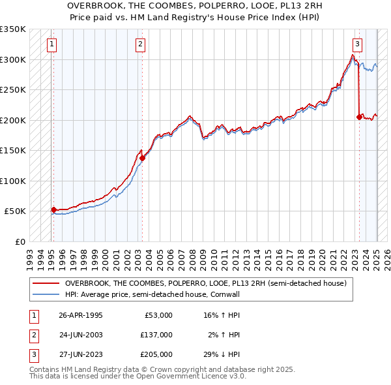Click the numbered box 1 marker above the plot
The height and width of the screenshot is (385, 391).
(51, 44)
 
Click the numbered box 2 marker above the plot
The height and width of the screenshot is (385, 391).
(140, 44)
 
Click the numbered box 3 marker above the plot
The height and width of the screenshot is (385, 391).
(357, 44)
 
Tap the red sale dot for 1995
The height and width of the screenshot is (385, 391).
(53, 209)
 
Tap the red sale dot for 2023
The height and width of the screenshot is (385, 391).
(359, 117)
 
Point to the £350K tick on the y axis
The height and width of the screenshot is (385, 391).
(13, 29)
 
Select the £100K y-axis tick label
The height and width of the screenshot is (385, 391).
(13, 181)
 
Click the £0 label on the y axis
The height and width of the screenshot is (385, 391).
(19, 241)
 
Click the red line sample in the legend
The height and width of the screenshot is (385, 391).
(46, 284)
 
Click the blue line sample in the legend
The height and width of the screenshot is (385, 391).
(46, 295)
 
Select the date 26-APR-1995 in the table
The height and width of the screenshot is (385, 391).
(81, 315)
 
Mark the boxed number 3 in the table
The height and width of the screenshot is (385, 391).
(33, 354)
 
